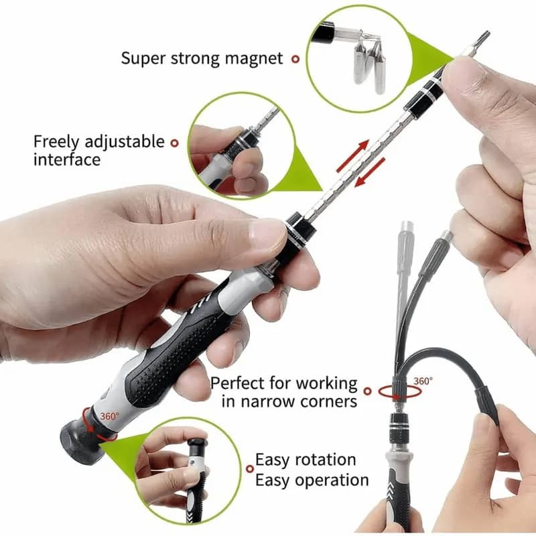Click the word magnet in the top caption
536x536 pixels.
point(254,58)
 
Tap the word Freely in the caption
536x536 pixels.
point(56,142)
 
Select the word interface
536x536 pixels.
point(67,159)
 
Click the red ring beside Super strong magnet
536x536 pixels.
point(295,59)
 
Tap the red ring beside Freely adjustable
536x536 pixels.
point(174,143)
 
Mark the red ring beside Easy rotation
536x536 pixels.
point(250,468)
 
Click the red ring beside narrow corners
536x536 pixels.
point(367,391)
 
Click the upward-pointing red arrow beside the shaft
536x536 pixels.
point(353,155)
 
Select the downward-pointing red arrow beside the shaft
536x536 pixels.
point(370,172)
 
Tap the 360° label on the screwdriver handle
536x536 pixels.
point(109,416)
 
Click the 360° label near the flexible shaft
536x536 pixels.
point(423,381)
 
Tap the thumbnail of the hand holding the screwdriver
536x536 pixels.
point(241,145)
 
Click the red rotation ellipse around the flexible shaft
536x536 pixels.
point(400,392)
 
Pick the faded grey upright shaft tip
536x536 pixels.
point(407,229)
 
